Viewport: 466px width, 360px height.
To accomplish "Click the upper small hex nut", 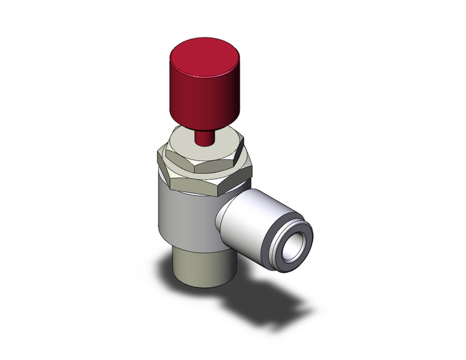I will (x=202, y=159).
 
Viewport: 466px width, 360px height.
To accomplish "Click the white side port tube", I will (x=251, y=215).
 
